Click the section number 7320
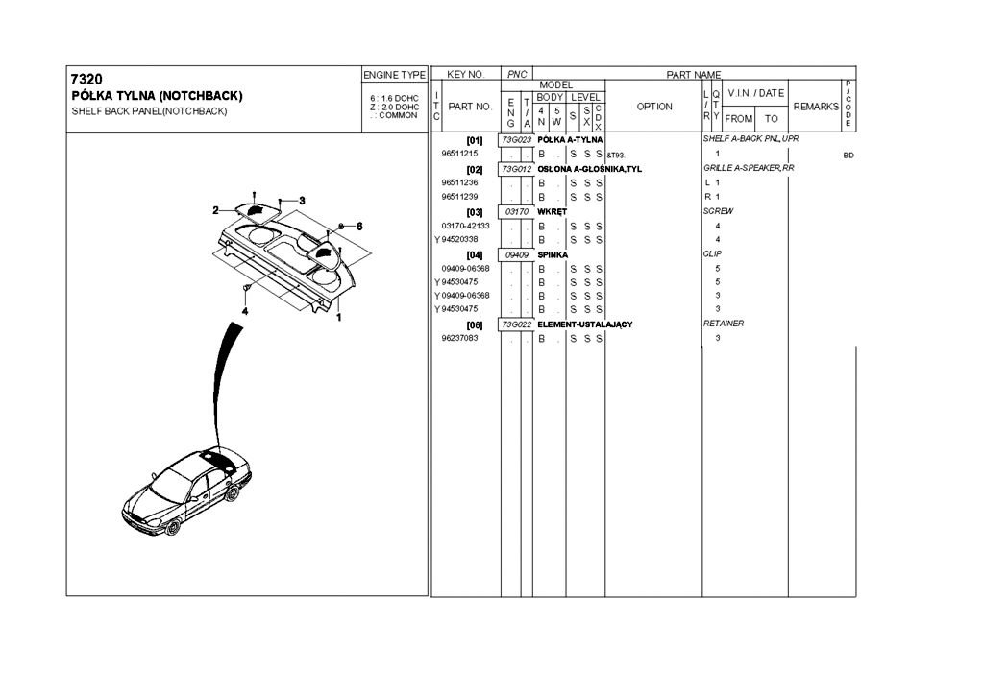tap(86, 79)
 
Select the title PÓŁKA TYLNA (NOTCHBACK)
tap(158, 96)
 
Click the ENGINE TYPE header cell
tap(394, 75)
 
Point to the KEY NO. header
tap(466, 75)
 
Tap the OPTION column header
tap(654, 107)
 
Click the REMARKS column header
tap(815, 107)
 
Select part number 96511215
tap(460, 154)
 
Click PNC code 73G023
tap(517, 140)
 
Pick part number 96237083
tap(460, 338)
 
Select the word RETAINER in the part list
tap(724, 324)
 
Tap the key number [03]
tap(474, 212)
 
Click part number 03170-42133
tap(465, 226)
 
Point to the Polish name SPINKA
tap(553, 254)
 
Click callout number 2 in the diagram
tap(217, 208)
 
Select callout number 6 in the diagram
tap(358, 227)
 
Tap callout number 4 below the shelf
tap(245, 311)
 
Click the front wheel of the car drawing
tap(174, 527)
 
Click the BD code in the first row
tap(848, 155)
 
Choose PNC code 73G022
tap(517, 324)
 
